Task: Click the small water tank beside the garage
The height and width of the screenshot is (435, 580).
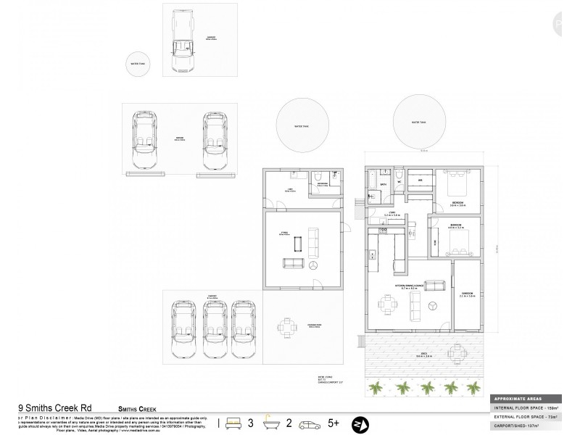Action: [138, 64]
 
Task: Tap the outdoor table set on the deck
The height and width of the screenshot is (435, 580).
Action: [458, 353]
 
